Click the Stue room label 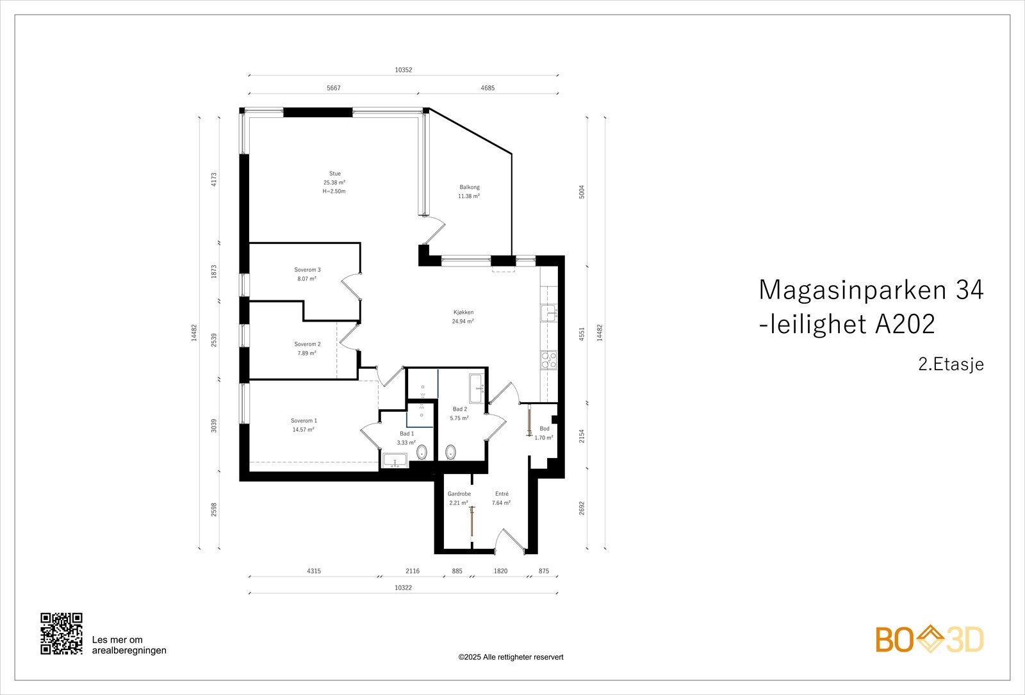tap(334, 174)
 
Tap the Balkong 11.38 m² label tap(469, 192)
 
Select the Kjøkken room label tap(463, 313)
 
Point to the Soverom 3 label tap(307, 270)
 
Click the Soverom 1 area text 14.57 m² tap(303, 430)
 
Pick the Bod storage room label tap(545, 429)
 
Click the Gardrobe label tap(459, 494)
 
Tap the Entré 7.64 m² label tap(501, 498)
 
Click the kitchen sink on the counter tap(549, 313)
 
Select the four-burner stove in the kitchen tap(548, 360)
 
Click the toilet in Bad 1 tap(422, 454)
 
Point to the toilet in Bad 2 tap(450, 452)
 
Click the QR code tap(61, 634)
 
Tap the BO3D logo tap(930, 639)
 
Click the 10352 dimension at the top tap(403, 70)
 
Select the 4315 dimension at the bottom tap(314, 571)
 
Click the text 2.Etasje tap(951, 364)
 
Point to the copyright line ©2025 tap(511, 657)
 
